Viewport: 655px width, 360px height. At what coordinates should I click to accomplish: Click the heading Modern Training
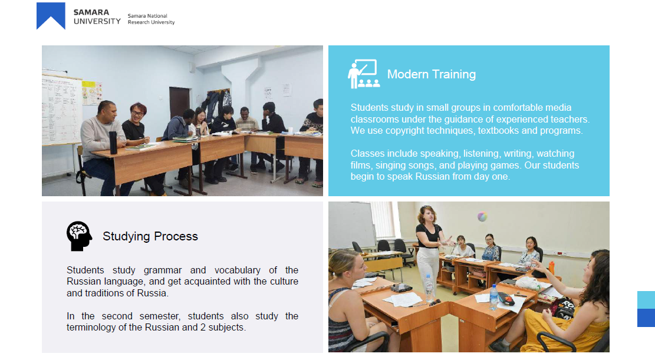pyautogui.click(x=431, y=74)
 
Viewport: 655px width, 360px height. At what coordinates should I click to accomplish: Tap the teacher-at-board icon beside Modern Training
pyautogui.click(x=363, y=74)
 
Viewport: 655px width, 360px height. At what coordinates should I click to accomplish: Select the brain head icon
pyautogui.click(x=79, y=236)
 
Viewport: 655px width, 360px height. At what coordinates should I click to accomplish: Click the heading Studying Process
pyautogui.click(x=150, y=236)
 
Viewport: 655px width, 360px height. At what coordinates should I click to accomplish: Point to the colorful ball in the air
pyautogui.click(x=482, y=216)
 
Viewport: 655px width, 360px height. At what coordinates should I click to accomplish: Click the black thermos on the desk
pyautogui.click(x=113, y=143)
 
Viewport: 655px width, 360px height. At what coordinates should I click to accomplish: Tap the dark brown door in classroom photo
pyautogui.click(x=179, y=104)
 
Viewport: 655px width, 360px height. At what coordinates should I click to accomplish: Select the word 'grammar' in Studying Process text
pyautogui.click(x=163, y=270)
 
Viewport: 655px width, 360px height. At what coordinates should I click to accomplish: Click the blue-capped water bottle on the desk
pyautogui.click(x=493, y=297)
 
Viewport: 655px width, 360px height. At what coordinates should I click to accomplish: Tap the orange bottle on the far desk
pyautogui.click(x=551, y=267)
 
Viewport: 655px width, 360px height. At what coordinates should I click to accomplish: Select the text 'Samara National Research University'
pyautogui.click(x=151, y=19)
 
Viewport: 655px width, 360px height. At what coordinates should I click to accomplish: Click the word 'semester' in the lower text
pyautogui.click(x=160, y=316)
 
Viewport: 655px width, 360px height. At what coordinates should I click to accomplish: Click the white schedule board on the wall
pyautogui.click(x=61, y=110)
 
